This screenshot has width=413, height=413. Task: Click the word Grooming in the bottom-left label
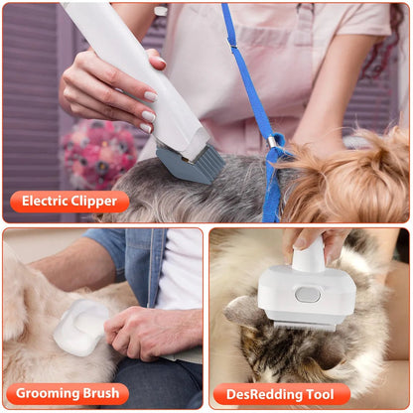pos(51,394)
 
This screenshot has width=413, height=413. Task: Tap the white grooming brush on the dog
pos(80,329)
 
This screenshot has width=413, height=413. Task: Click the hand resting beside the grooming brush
pos(149,333)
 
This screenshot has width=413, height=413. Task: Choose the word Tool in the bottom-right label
pos(320,394)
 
